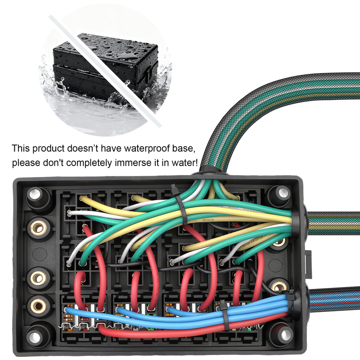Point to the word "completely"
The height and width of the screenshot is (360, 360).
pos(89,163)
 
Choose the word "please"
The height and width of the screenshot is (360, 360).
pos(26,163)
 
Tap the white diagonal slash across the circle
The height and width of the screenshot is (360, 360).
pos(105,71)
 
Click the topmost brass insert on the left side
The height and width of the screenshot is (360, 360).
pos(38,228)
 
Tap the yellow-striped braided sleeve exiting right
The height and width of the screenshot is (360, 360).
pos(333,223)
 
